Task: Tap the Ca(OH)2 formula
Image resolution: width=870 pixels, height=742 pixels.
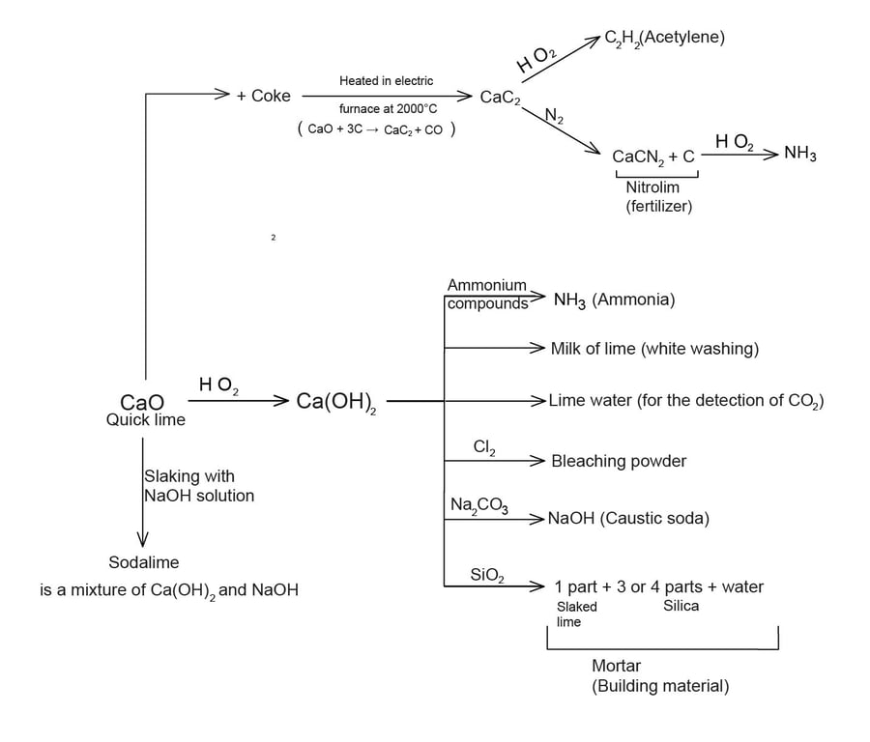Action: point(335,402)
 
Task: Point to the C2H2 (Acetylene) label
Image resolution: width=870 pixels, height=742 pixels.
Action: point(664,39)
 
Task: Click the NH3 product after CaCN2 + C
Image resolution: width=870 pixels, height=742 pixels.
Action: point(799,154)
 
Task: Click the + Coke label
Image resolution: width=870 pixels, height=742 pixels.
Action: point(263,96)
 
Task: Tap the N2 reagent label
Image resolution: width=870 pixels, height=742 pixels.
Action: point(555,117)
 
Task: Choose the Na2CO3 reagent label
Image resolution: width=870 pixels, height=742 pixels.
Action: point(479,505)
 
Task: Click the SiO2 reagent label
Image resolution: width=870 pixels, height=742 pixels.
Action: point(487,576)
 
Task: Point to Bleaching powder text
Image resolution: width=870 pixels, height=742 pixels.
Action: point(619,461)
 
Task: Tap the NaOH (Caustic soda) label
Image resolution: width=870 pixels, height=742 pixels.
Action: point(628,519)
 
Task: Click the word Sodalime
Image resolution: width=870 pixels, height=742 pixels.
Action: point(143,562)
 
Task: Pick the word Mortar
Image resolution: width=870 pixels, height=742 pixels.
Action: point(616,666)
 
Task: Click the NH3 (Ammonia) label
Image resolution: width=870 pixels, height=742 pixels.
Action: point(614,300)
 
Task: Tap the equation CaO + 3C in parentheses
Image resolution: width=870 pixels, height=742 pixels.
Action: point(377,129)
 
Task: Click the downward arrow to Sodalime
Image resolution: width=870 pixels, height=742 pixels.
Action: point(143,493)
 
